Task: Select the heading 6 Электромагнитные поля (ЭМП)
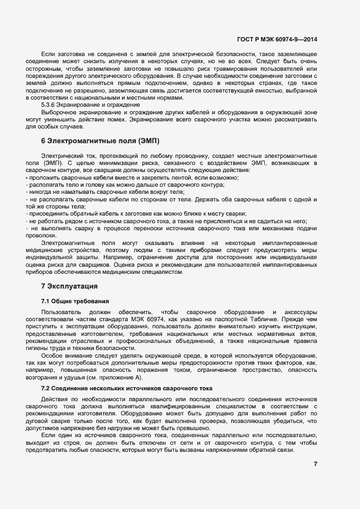[100, 141]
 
